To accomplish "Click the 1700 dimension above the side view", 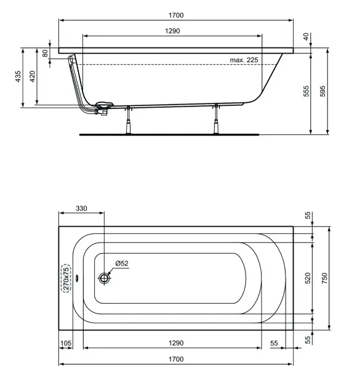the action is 176,15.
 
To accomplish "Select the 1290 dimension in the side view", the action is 172,31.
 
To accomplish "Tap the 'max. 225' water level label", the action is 244,60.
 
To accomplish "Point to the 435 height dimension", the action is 18,76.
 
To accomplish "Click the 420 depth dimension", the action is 32,76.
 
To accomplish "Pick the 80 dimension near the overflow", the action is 45,53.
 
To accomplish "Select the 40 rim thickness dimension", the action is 306,36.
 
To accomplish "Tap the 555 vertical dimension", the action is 306,91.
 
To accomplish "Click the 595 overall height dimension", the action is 322,91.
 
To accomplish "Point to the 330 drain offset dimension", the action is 81,209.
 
